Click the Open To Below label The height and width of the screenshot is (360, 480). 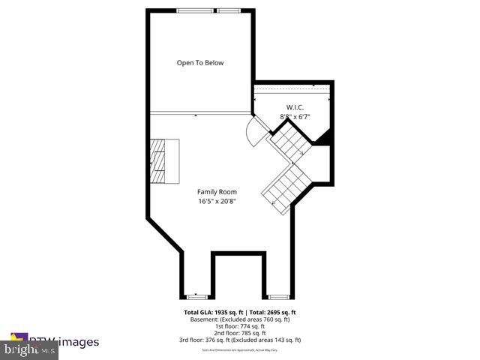tap(199, 63)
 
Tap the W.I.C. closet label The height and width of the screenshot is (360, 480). tap(295, 106)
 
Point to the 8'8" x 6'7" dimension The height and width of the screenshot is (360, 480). tap(295, 117)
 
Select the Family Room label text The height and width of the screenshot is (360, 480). tap(217, 192)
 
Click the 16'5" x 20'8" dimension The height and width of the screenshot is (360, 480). tap(217, 202)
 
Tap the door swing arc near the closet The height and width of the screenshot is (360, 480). tap(255, 134)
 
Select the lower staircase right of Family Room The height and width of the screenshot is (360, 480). tap(283, 187)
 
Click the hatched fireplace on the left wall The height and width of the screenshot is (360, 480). tap(164, 161)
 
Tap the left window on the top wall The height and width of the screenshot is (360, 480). tap(189, 10)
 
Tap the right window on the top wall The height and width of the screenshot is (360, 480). tap(230, 10)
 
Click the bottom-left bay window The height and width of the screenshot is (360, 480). tap(196, 297)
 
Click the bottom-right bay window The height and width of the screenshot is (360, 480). tap(278, 297)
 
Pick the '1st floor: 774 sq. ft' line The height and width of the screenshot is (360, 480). tap(241, 326)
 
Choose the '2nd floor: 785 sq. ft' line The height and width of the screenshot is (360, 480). tap(241, 333)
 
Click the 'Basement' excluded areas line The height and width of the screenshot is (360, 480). tap(241, 319)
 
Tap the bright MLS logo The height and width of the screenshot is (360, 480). tap(28, 349)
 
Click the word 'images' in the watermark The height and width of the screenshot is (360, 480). tap(79, 342)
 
